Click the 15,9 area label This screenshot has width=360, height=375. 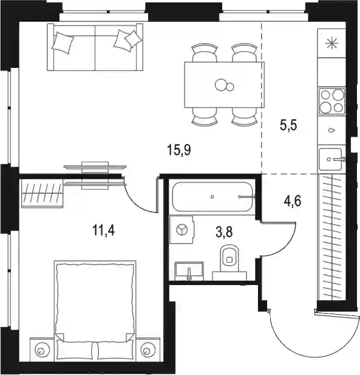pyautogui.click(x=179, y=151)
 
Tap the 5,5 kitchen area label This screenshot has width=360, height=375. pyautogui.click(x=288, y=125)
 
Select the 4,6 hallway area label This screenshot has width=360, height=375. pyautogui.click(x=293, y=201)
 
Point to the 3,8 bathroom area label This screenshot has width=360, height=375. pyautogui.click(x=224, y=232)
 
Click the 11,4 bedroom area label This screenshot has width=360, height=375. pyautogui.click(x=103, y=231)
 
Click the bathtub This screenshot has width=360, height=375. pyautogui.click(x=212, y=197)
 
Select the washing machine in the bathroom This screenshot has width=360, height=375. pyautogui.click(x=182, y=230)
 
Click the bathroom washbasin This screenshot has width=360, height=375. pyautogui.click(x=189, y=271)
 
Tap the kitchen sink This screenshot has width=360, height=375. pyautogui.click(x=332, y=159)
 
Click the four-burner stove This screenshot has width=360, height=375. pyautogui.click(x=332, y=101)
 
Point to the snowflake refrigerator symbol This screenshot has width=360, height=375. pyautogui.click(x=332, y=44)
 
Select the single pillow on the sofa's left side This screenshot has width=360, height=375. pyautogui.click(x=63, y=43)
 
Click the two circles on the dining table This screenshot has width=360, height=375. pyautogui.click(x=224, y=85)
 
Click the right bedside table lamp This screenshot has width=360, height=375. pyautogui.click(x=147, y=351)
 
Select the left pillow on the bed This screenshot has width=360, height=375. pyautogui.click(x=75, y=350)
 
